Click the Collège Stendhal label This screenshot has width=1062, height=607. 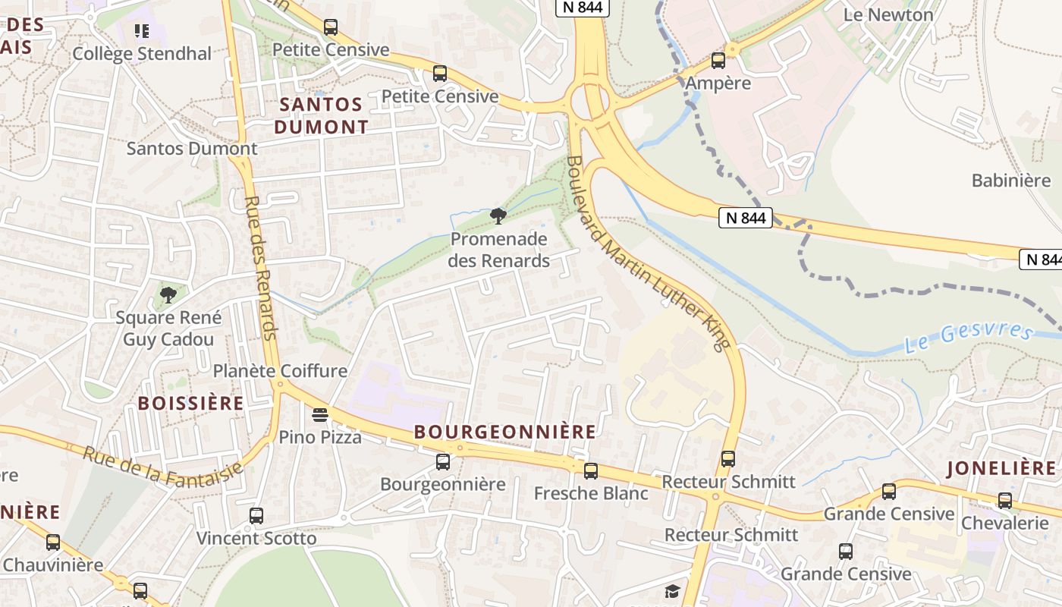click(x=142, y=54)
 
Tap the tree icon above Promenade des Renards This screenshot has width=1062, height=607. click(x=498, y=217)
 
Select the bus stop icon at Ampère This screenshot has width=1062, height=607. click(x=718, y=61)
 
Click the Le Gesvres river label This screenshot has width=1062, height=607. click(x=969, y=338)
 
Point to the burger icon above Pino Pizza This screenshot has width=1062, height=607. click(x=320, y=415)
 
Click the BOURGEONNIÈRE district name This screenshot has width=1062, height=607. click(x=505, y=432)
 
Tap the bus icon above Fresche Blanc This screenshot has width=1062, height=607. click(x=591, y=470)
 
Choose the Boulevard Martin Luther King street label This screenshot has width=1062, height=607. click(x=647, y=253)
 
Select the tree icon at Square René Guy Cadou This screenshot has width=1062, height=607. click(x=168, y=294)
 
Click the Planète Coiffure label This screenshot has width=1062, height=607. click(x=280, y=371)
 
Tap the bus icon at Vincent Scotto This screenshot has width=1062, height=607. click(x=256, y=516)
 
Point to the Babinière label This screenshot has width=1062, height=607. click(x=1011, y=181)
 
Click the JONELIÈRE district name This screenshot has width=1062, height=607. click(x=1001, y=468)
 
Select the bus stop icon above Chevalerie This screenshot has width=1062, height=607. click(x=1004, y=500)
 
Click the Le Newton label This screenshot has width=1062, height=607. click(x=888, y=14)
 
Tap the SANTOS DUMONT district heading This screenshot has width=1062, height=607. click(x=321, y=115)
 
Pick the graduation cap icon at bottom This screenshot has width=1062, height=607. click(x=672, y=591)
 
